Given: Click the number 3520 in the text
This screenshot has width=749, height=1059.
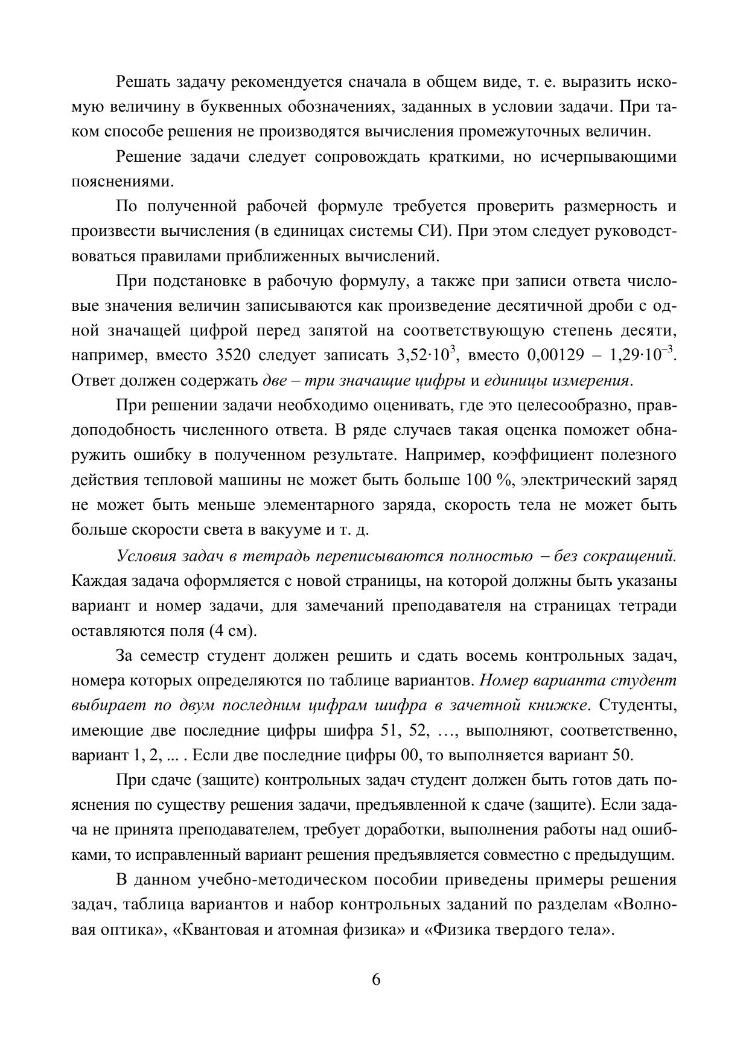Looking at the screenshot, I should [233, 355].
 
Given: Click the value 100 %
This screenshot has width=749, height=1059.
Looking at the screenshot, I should [488, 480].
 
